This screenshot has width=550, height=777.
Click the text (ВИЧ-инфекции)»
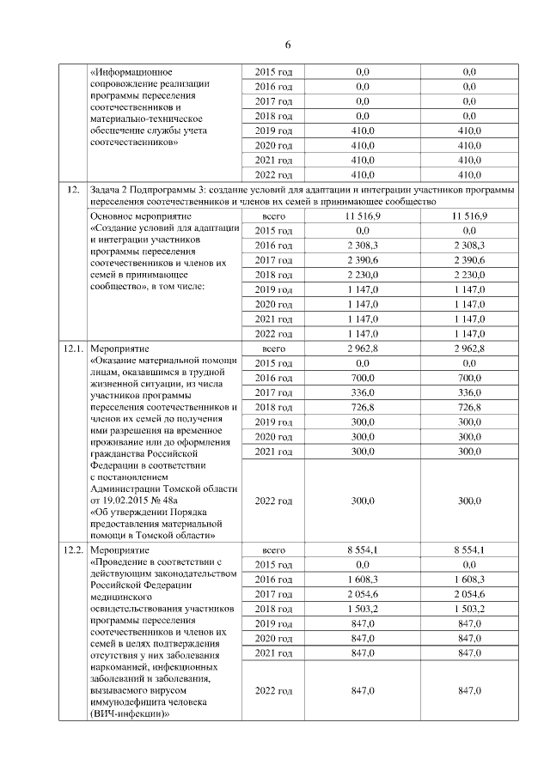(x=129, y=713)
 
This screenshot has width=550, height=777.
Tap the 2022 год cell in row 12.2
(x=274, y=690)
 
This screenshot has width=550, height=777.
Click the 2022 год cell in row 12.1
(x=274, y=501)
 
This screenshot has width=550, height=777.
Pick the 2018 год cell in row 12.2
(x=274, y=609)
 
